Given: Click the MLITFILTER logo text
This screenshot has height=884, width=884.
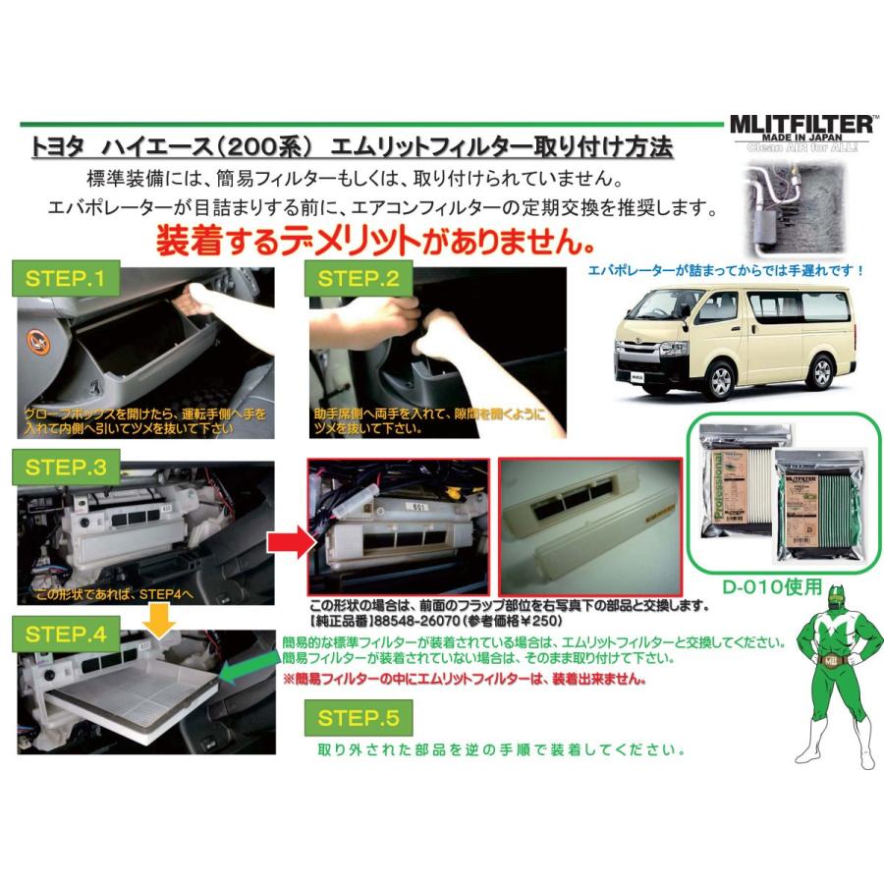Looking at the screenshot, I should coord(800,126).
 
